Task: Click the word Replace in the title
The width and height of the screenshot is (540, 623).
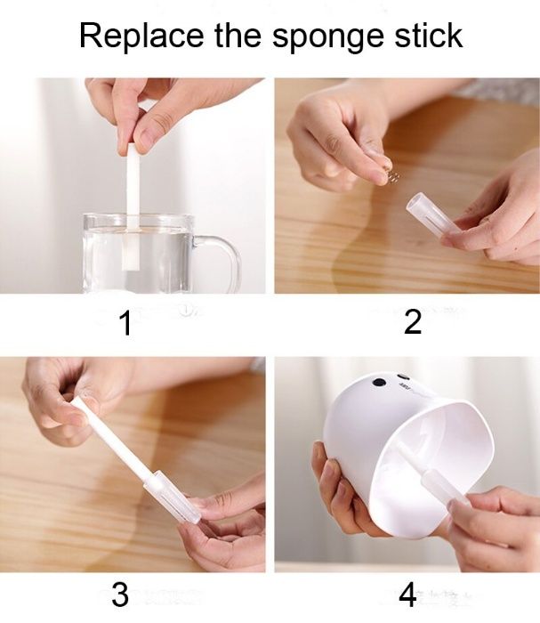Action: point(133,36)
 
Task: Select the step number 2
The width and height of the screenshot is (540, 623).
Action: point(412,322)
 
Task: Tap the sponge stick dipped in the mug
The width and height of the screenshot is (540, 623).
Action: point(134,196)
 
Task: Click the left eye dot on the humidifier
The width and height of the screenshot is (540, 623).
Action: point(379,383)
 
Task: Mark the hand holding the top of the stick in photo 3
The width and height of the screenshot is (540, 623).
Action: point(62,396)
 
